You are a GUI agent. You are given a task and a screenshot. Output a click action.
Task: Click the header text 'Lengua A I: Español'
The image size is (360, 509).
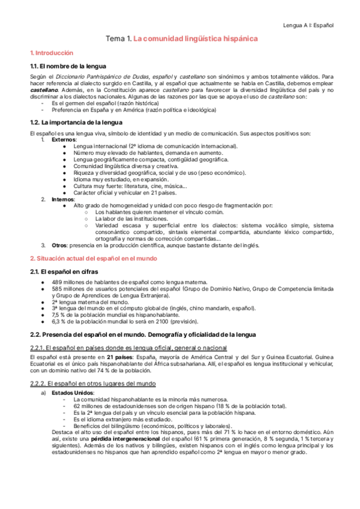308,25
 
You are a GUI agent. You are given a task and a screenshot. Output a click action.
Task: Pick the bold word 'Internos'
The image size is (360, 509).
63,199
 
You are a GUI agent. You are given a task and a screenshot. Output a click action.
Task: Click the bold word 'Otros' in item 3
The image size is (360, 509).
59,245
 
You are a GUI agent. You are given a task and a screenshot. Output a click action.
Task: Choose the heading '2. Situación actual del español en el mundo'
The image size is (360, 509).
94,258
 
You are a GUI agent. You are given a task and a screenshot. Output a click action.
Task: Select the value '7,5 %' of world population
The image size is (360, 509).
59,315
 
